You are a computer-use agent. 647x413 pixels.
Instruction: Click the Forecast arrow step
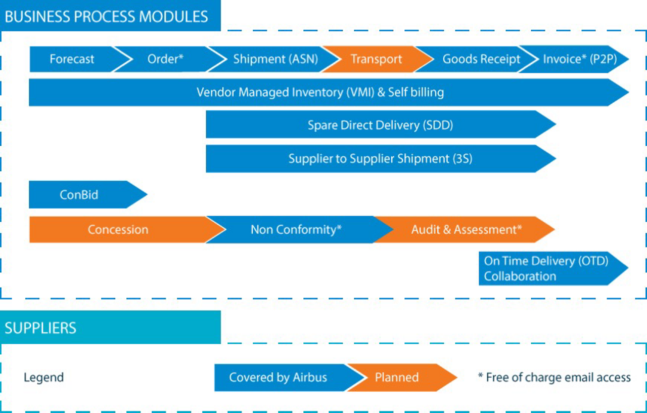tap(72, 59)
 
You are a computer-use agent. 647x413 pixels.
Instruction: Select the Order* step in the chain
tap(165, 59)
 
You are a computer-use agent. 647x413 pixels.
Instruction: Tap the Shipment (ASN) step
tap(275, 59)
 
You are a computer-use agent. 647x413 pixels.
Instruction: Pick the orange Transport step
tap(377, 59)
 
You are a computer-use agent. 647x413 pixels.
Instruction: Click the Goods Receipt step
tap(481, 59)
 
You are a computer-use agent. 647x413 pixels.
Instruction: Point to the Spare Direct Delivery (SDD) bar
tap(380, 125)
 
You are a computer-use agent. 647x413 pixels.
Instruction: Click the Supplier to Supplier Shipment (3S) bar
tap(380, 159)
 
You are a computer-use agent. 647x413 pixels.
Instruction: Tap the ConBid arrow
tap(79, 195)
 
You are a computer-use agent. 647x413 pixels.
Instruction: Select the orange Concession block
tap(118, 230)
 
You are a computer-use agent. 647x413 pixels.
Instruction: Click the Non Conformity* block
tap(296, 230)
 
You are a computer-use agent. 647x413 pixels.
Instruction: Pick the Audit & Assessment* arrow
tap(466, 230)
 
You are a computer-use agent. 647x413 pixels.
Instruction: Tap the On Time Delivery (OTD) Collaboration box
tap(546, 269)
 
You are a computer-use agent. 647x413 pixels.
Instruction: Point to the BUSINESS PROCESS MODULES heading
tap(107, 16)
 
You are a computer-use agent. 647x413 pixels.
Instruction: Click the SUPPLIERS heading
tap(40, 328)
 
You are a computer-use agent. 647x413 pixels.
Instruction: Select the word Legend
tap(43, 378)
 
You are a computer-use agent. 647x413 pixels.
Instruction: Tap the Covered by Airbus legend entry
tap(278, 378)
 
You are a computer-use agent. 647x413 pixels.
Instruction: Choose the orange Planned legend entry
tap(397, 378)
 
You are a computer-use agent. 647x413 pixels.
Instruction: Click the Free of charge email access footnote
tap(554, 378)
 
